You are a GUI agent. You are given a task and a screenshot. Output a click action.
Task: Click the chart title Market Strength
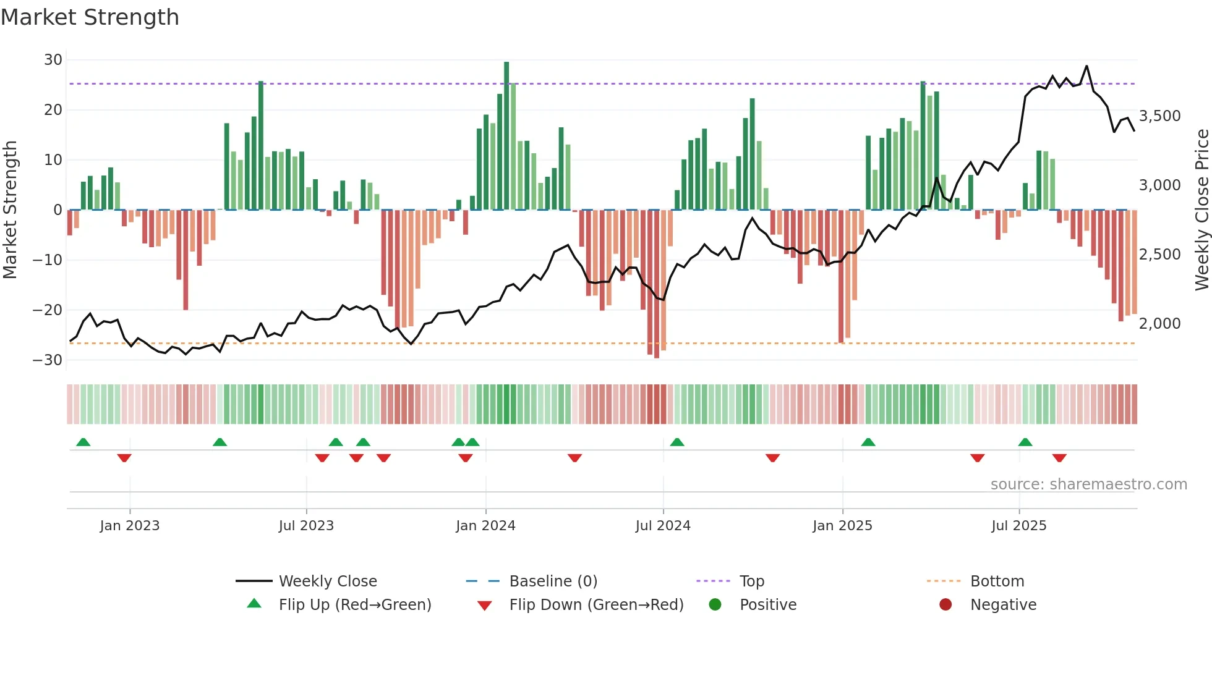click(x=90, y=17)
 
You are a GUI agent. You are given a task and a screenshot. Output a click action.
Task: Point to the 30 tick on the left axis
click(x=53, y=60)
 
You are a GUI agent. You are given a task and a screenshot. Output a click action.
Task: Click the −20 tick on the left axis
click(x=48, y=310)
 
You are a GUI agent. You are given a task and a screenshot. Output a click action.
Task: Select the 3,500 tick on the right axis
click(x=1159, y=116)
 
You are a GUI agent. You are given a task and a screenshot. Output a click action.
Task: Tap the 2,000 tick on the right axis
click(x=1159, y=323)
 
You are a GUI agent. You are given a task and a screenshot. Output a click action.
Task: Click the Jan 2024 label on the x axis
click(x=485, y=526)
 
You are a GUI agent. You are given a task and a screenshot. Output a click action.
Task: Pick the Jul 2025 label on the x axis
click(x=1018, y=526)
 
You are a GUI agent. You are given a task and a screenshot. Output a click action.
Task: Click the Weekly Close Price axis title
click(x=1201, y=210)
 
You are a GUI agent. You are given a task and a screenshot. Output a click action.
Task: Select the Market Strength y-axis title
click(x=11, y=210)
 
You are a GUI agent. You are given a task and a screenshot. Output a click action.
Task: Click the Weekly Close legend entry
click(x=327, y=582)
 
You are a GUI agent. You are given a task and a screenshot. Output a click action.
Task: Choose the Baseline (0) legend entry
click(x=553, y=582)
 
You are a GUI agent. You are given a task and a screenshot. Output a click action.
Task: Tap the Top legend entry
click(x=751, y=582)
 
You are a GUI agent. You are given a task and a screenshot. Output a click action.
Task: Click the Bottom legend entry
click(x=997, y=582)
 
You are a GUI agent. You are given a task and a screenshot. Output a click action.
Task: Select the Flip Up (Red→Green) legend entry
click(x=354, y=605)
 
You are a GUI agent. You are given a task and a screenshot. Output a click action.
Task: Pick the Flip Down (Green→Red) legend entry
click(x=596, y=605)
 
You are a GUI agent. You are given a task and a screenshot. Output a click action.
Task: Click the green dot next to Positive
click(x=715, y=604)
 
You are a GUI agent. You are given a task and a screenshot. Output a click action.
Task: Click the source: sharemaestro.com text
click(x=1088, y=484)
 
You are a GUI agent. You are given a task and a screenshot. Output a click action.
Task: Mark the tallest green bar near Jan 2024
click(x=506, y=136)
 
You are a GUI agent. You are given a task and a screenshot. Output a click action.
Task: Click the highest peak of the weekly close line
click(x=1086, y=66)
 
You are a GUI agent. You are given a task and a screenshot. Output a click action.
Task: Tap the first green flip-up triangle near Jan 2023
click(x=83, y=442)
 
